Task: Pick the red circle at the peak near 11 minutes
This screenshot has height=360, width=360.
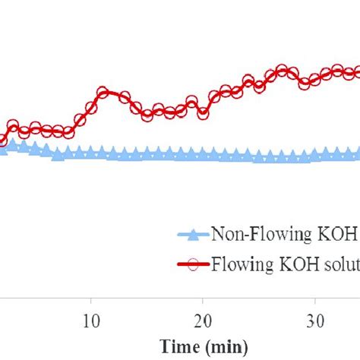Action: pos(103,93)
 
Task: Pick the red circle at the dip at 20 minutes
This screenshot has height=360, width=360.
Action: pos(203,114)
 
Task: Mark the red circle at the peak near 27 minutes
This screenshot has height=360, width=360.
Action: pos(282,71)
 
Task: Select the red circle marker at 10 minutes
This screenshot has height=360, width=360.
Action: pos(91,109)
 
